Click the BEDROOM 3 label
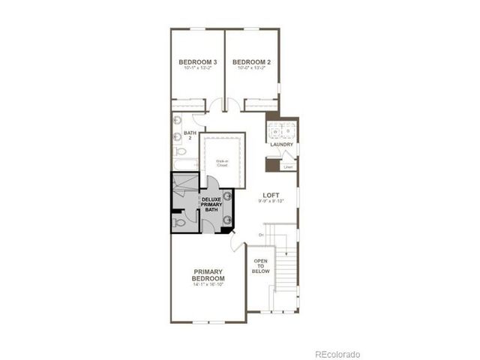(x=198, y=61)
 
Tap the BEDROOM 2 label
(x=251, y=61)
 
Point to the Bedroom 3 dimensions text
(x=198, y=68)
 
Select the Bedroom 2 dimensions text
(x=251, y=68)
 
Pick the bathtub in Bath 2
(x=184, y=164)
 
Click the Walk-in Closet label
(x=223, y=163)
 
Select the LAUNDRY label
(x=282, y=145)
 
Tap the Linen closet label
(x=288, y=166)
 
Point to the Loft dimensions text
(x=271, y=201)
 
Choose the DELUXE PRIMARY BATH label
(x=211, y=205)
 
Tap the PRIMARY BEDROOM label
(x=208, y=275)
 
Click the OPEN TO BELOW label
(x=261, y=266)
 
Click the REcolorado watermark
(x=337, y=353)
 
